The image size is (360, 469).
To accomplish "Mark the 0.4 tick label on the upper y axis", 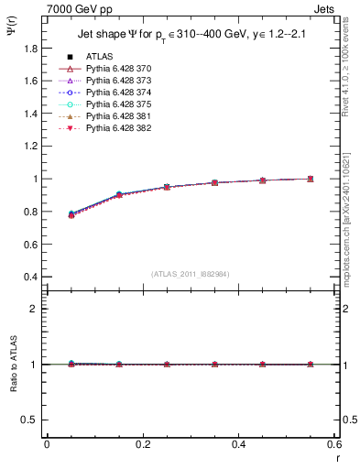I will (30, 277).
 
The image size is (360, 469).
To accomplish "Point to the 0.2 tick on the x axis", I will (142, 444).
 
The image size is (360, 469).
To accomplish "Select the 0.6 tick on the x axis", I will (333, 444).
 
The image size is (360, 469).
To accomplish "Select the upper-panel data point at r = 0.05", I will (71, 214).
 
